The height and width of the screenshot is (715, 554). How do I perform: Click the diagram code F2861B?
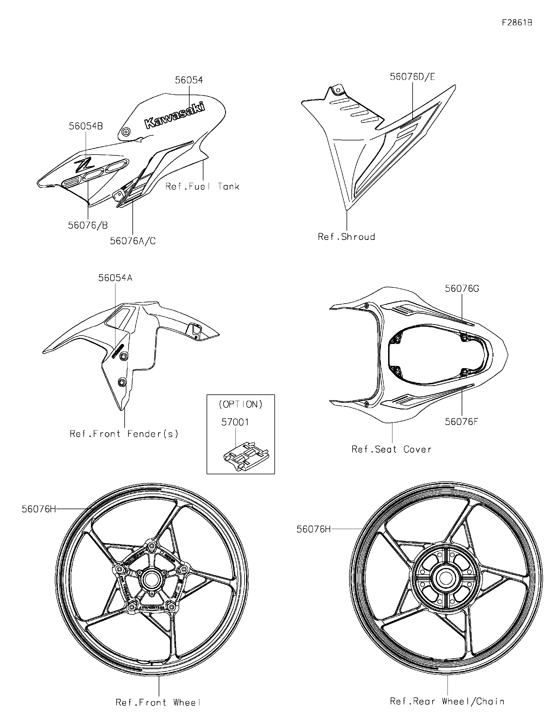(517, 22)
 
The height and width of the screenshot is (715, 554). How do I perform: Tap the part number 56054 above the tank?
(189, 80)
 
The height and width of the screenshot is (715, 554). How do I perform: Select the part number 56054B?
(86, 126)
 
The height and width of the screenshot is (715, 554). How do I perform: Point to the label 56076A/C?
(133, 241)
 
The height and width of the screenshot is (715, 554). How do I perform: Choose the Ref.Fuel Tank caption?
(202, 187)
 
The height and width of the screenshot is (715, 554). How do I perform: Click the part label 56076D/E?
(412, 77)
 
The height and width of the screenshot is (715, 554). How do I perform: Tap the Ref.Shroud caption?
(346, 237)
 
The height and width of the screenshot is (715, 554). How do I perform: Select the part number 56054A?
(115, 278)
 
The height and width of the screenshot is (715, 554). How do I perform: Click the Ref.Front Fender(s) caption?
(124, 434)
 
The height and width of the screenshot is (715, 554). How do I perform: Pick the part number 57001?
(235, 422)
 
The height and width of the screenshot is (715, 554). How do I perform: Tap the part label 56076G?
(462, 289)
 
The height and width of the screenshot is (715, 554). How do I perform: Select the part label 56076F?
(461, 422)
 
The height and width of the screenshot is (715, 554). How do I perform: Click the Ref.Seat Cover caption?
(392, 449)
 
